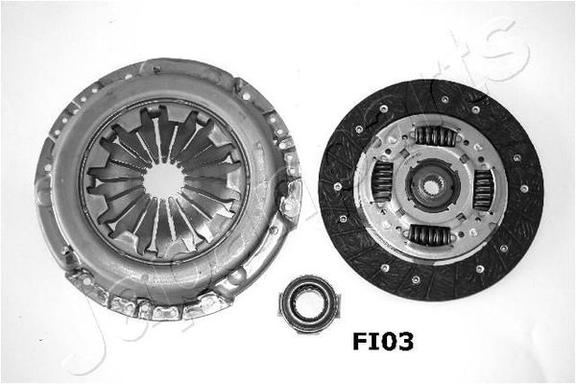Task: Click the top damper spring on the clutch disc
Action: pos(435,136)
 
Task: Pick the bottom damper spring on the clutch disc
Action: pos(430,235)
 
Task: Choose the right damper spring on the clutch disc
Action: pos(483,189)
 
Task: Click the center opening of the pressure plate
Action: pos(165,180)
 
